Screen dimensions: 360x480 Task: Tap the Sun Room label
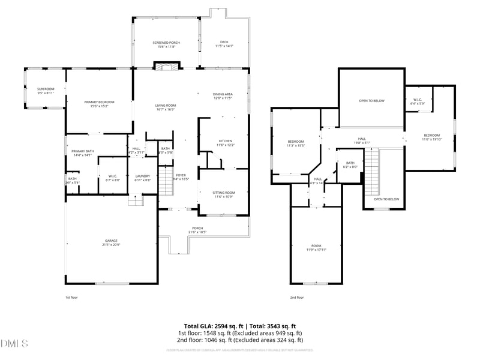46,91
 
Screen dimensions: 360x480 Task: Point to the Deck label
224,44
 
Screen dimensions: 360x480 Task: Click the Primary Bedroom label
99,104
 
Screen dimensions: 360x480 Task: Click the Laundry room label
143,178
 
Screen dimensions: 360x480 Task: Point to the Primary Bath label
83,153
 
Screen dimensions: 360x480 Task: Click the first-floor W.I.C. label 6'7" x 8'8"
113,178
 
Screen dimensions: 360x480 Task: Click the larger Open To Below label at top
371,101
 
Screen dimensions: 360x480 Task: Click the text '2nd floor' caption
296,297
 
